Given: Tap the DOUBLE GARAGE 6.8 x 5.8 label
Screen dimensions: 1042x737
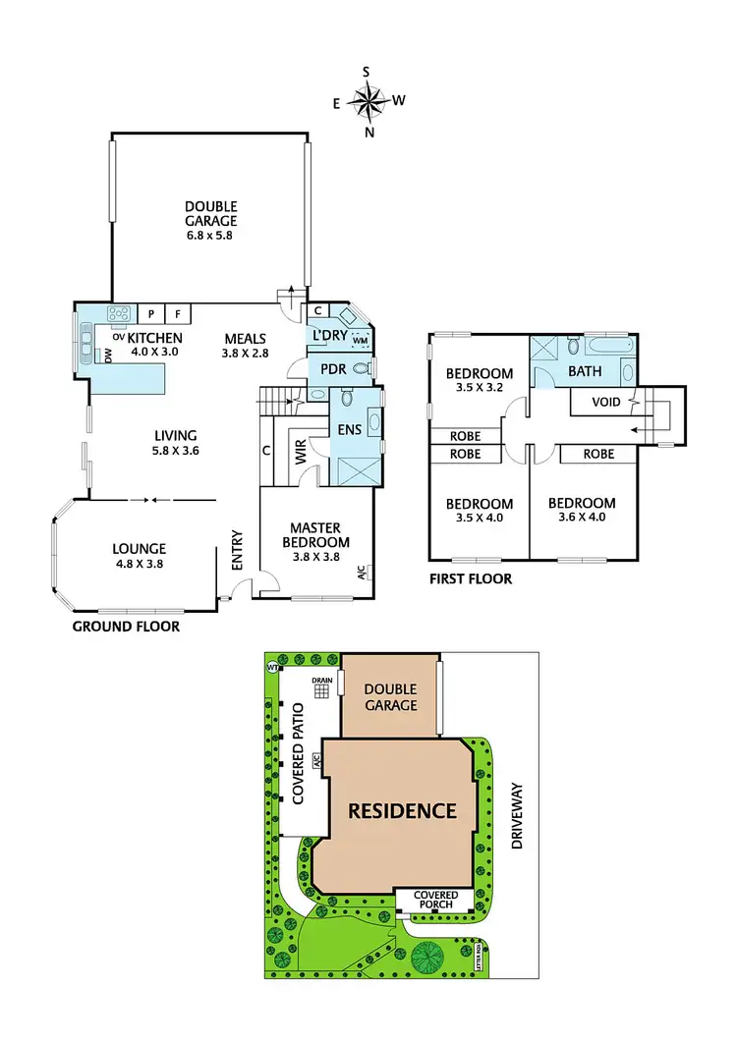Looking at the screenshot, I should (211, 220).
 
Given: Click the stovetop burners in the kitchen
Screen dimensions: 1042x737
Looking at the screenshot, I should (120, 314).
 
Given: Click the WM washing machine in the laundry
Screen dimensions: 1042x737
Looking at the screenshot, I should (360, 340).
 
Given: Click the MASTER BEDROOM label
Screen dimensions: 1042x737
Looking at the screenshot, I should (315, 535).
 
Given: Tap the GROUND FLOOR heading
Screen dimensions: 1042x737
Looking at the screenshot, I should (127, 626).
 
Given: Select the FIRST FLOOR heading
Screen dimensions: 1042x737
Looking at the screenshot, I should (471, 579).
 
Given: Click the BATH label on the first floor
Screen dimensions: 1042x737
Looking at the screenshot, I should (586, 372).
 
